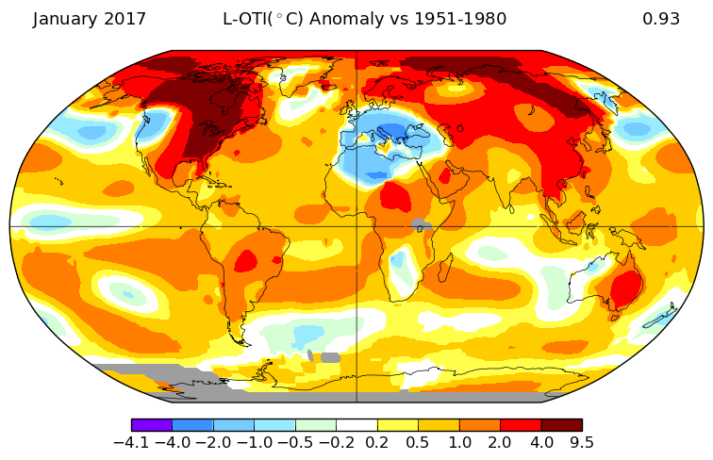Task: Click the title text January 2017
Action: coord(90,19)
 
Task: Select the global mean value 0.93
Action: coord(661,19)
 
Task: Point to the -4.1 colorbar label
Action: coord(132,441)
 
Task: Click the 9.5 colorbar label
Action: coord(581,441)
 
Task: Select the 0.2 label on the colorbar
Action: coord(377,441)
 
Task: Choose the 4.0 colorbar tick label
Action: coord(540,441)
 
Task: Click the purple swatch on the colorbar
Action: coord(152,425)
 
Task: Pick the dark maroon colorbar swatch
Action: coord(561,425)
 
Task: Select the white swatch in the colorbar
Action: coord(356,425)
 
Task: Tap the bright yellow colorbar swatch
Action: coord(397,425)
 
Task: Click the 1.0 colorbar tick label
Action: coord(459,441)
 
